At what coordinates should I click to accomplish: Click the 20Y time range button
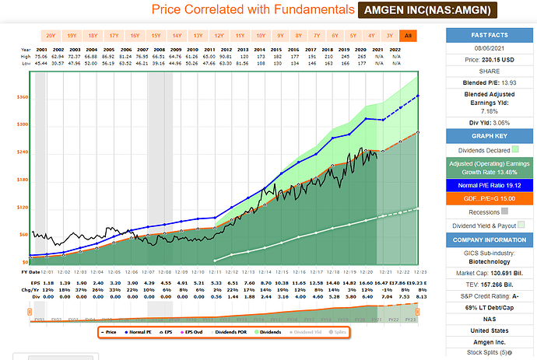tap(51, 36)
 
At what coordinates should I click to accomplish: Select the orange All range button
tap(407, 36)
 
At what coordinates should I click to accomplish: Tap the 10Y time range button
tap(260, 36)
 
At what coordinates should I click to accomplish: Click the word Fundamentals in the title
tap(273, 10)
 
